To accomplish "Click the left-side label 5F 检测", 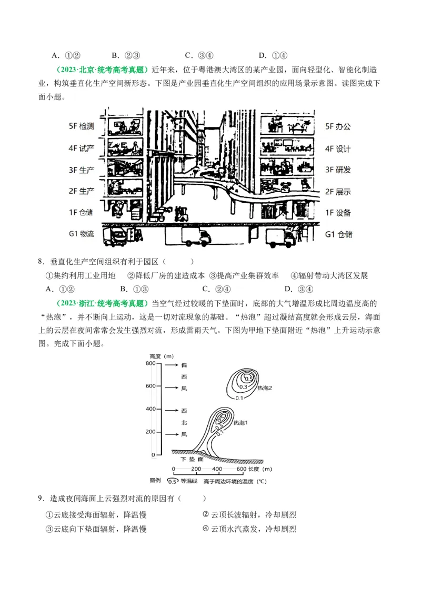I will point(81,126).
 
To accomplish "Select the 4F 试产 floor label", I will point(81,148).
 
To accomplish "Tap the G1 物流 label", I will point(81,234).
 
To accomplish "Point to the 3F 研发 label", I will point(338,170).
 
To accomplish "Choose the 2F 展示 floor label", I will point(338,192).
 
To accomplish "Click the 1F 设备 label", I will point(338,213).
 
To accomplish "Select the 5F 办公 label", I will point(338,126).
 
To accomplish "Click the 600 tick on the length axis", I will point(242,469).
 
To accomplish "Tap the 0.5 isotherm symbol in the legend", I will point(172,481).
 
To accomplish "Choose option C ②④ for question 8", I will point(216,289).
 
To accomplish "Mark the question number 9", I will point(41,498).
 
